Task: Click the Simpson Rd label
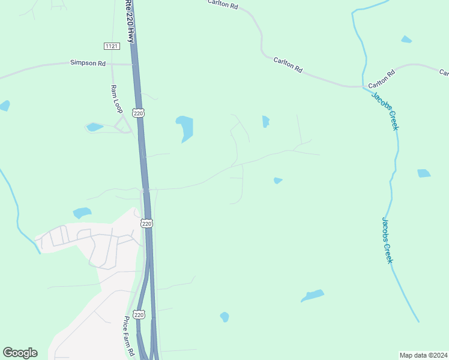[x=88, y=62]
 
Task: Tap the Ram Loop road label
[x=116, y=99]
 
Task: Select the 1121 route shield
[x=111, y=46]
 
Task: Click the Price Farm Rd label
[x=128, y=336]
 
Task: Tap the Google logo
[x=20, y=353]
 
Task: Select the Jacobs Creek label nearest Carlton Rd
[x=385, y=111]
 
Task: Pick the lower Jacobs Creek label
[x=387, y=239]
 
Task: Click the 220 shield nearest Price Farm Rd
[x=139, y=314]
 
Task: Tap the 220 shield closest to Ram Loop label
[x=139, y=112]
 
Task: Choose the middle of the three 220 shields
[x=147, y=223]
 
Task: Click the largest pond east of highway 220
[x=185, y=128]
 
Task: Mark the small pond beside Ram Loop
[x=94, y=127]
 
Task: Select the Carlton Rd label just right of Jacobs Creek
[x=381, y=77]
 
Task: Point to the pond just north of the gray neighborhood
[x=82, y=212]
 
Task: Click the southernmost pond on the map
[x=224, y=317]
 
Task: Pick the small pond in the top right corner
[x=406, y=40]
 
